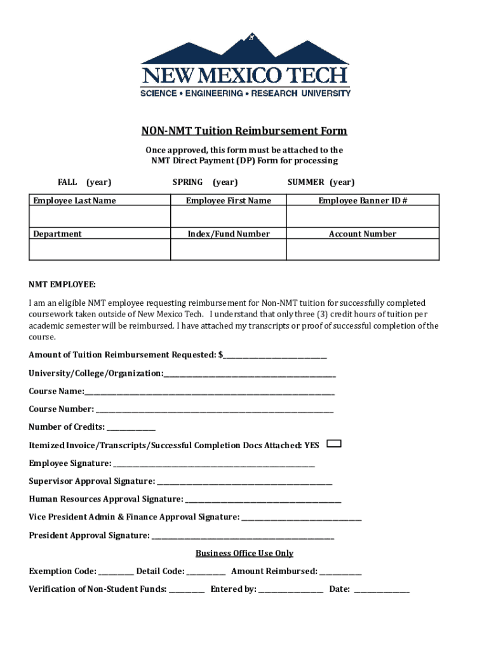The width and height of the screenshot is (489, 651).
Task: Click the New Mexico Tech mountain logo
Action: (245, 64)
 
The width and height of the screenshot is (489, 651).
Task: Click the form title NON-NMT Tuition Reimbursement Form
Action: (244, 132)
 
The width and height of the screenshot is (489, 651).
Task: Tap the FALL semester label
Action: (67, 182)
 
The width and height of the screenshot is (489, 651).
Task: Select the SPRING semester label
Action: (187, 182)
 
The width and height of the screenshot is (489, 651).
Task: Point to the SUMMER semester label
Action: (305, 182)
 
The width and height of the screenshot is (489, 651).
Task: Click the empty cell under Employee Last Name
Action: (100, 217)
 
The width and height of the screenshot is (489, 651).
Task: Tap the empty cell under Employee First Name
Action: (228, 217)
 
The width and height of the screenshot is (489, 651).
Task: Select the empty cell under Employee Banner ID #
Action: (363, 217)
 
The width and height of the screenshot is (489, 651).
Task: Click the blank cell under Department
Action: (100, 250)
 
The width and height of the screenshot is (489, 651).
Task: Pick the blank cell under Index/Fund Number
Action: (228, 250)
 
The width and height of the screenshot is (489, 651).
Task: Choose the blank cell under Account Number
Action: (363, 250)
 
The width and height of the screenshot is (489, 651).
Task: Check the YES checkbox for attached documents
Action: (333, 444)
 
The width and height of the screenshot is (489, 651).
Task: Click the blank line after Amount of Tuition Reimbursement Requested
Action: (275, 355)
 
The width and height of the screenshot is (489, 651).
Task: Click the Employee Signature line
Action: (214, 464)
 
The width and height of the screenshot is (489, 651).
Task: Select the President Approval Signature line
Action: (243, 537)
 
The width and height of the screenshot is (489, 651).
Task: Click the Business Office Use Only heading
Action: (245, 554)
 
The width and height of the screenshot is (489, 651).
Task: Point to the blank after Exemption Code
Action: (116, 572)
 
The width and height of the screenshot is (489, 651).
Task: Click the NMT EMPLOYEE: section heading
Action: (62, 285)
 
